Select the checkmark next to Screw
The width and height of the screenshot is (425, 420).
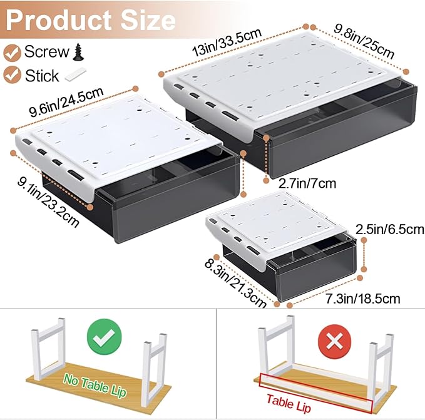[x=12, y=51]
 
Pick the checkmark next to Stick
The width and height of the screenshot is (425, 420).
[x=12, y=76]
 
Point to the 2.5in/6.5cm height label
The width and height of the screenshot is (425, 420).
[x=389, y=229]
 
